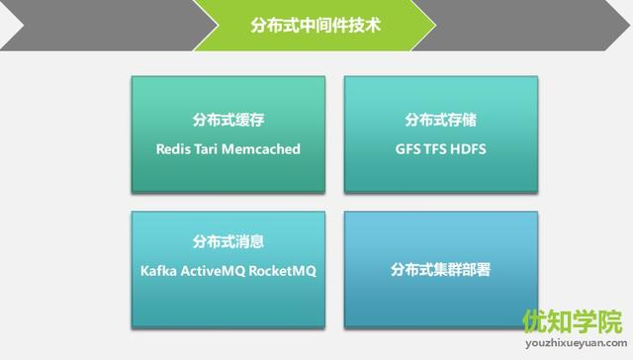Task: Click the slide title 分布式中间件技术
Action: pyautogui.click(x=316, y=23)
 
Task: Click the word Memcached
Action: pyautogui.click(x=262, y=149)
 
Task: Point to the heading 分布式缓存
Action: pyautogui.click(x=228, y=120)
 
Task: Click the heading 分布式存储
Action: pyautogui.click(x=441, y=120)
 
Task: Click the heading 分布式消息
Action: pyautogui.click(x=228, y=241)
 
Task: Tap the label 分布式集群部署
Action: pyautogui.click(x=441, y=269)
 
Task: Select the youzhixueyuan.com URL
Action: pyautogui.click(x=573, y=347)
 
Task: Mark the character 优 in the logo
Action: pyautogui.click(x=534, y=322)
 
